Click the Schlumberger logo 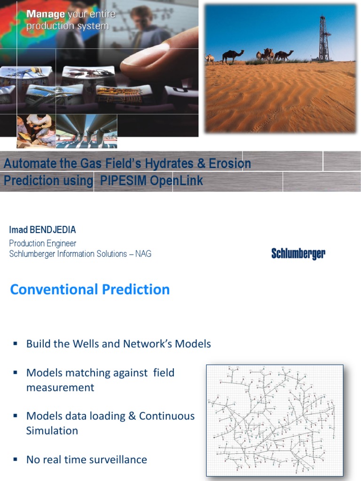[x=298, y=254]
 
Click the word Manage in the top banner [x=45, y=14]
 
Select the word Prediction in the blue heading [x=139, y=289]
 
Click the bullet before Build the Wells [x=16, y=343]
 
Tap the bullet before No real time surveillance [x=16, y=459]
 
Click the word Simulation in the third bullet [x=52, y=431]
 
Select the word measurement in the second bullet [x=60, y=388]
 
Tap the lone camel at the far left [x=210, y=59]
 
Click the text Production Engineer [x=43, y=243]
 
